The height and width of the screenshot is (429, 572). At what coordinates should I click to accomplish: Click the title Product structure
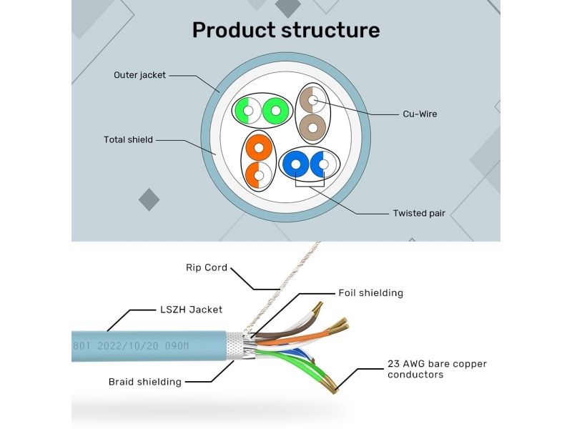286,30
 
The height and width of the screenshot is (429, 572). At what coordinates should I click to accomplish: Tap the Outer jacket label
140,75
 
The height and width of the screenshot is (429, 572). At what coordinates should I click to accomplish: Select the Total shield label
129,139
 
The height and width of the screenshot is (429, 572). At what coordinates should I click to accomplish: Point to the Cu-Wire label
420,114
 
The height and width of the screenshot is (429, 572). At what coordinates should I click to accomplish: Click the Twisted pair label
419,213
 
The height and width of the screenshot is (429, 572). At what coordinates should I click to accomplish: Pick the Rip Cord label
207,268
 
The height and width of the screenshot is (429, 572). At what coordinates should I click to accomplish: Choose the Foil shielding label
370,293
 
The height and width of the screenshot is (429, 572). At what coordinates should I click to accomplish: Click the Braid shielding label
144,382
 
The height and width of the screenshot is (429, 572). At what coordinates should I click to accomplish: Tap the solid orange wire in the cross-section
258,149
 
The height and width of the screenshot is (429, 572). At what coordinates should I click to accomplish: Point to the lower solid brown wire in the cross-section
312,128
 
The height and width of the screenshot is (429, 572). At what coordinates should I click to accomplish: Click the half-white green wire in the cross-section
247,112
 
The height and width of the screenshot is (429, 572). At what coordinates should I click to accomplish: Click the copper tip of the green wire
333,386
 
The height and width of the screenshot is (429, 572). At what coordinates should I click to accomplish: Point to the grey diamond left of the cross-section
149,199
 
